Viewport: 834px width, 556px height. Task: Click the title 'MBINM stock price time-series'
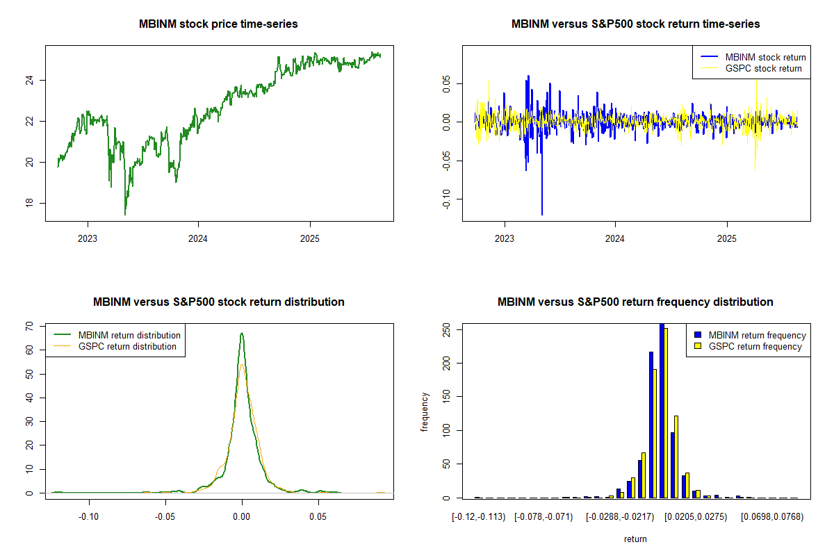(219, 24)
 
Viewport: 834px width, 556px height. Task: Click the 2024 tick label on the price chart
(198, 236)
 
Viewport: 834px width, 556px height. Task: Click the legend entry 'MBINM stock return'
(765, 57)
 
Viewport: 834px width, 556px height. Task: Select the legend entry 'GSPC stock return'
(763, 68)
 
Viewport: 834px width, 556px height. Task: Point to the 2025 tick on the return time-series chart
(726, 236)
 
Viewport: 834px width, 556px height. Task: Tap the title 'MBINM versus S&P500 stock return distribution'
(219, 302)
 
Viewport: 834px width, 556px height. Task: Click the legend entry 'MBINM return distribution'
(129, 335)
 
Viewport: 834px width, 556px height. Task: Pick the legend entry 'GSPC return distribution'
(127, 346)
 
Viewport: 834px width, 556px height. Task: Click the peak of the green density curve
(242, 333)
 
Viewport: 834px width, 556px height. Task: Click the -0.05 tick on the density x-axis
(165, 517)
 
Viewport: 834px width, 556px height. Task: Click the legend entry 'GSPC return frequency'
(755, 346)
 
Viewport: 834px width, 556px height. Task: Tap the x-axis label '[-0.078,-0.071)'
(543, 517)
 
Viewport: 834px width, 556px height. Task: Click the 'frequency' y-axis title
(425, 411)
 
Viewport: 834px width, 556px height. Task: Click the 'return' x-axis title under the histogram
(635, 539)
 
